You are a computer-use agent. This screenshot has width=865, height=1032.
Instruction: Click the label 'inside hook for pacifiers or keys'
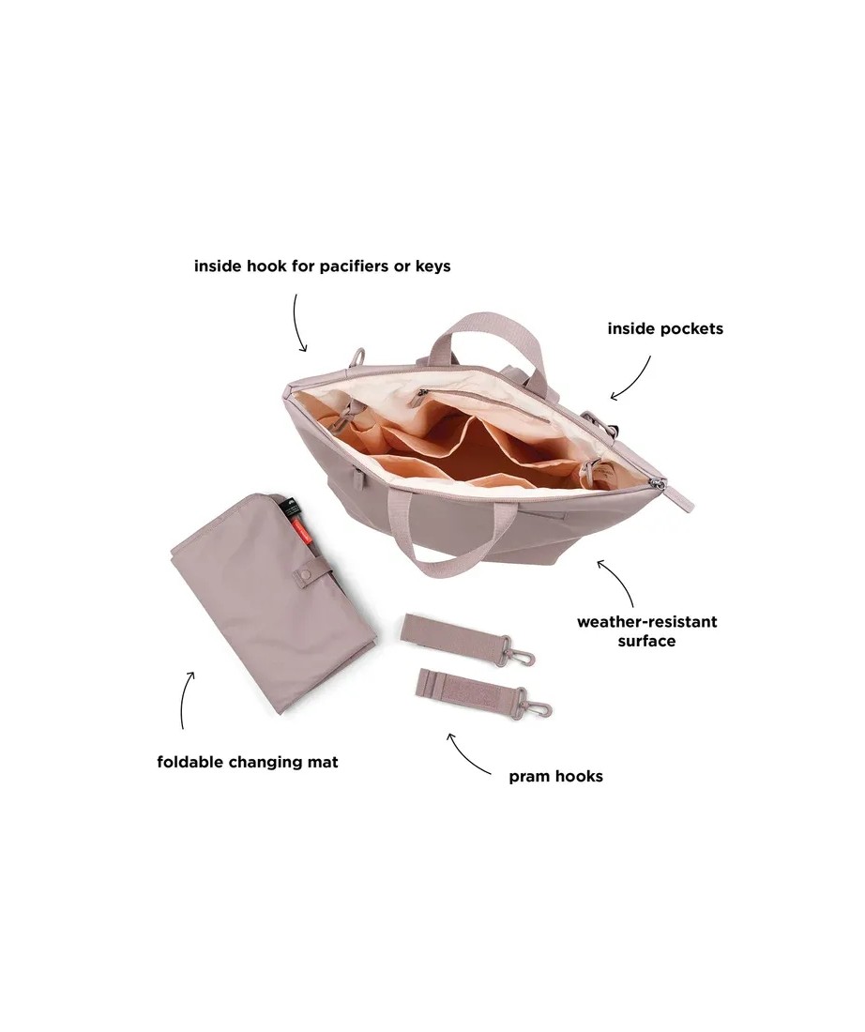322,266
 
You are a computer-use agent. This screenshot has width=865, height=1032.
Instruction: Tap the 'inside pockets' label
665,329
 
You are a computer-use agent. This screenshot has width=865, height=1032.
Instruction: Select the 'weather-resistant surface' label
646,631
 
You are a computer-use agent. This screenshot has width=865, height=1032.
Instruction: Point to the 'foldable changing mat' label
248,762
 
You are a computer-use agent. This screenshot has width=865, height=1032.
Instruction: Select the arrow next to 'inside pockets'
631,378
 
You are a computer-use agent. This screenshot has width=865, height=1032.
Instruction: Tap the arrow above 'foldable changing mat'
186,698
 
